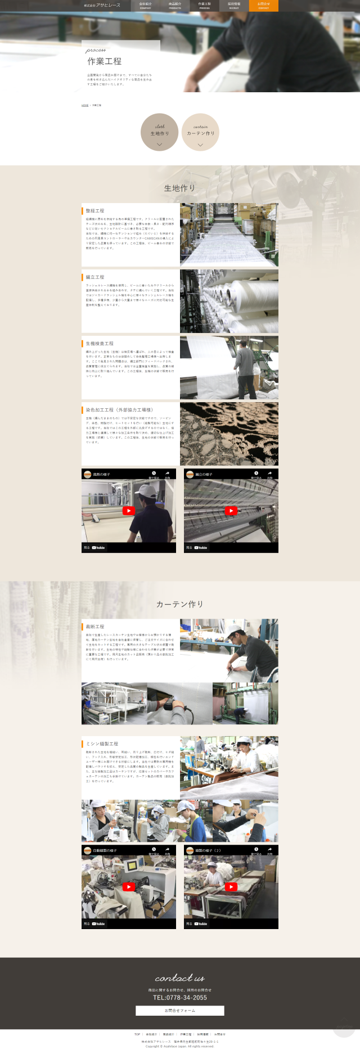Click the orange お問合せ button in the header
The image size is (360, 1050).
[263, 6]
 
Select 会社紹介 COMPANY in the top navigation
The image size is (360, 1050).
[146, 6]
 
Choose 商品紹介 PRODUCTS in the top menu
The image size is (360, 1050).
[175, 6]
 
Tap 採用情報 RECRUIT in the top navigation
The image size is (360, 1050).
[234, 6]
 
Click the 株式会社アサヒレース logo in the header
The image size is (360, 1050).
[102, 5]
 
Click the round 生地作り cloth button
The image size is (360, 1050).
[160, 133]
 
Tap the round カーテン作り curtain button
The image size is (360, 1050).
[200, 133]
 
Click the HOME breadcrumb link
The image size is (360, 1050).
[85, 105]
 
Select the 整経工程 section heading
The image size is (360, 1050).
[95, 211]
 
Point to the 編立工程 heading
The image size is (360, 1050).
[95, 277]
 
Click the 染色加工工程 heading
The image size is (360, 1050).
[119, 410]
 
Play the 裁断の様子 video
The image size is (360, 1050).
[129, 511]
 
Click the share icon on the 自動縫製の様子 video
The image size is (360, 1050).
[167, 850]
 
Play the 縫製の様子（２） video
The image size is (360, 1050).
[231, 887]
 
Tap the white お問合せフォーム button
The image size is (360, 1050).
[180, 1011]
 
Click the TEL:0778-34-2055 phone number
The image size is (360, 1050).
[180, 998]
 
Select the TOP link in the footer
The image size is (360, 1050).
[137, 1034]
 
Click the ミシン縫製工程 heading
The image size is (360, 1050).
[102, 743]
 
